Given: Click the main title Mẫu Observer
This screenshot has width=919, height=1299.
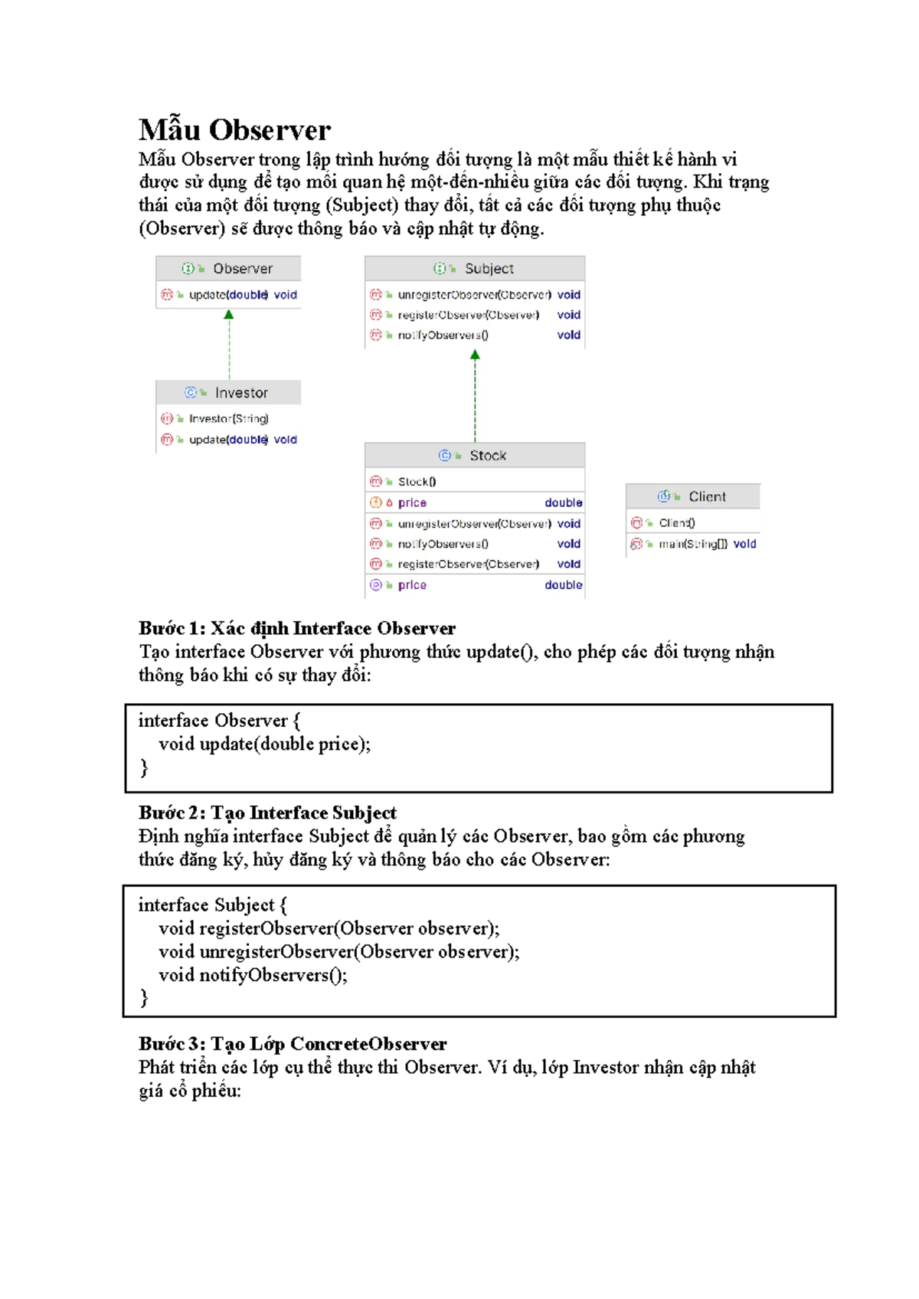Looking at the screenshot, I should coord(234,130).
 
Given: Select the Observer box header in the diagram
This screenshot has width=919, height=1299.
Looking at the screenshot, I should coord(229,269).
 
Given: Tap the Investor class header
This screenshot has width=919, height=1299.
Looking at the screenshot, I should coord(228,393).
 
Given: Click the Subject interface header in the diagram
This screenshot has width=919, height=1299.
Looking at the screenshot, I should coord(475,269).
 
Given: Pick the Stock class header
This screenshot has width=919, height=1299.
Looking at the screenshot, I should coord(475,456).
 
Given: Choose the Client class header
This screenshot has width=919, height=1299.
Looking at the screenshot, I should coord(693,497).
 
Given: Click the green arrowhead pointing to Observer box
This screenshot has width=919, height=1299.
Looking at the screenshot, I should coord(228,315).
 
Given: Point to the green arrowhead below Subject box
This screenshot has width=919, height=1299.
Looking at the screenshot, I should coord(475,355).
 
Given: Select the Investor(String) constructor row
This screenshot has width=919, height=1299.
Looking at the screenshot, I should coord(227,419).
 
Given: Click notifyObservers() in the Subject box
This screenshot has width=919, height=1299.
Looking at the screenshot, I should coord(443,335).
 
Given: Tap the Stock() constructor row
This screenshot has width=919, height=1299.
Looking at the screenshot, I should coord(417,482).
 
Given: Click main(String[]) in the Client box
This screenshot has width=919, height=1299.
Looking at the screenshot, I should coord(692,545).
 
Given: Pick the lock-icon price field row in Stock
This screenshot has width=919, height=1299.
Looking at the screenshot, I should coord(475,503).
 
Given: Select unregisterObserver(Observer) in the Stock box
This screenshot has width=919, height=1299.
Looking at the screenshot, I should coord(473,524).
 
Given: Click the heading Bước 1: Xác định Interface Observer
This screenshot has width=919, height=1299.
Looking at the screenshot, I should coord(297,629).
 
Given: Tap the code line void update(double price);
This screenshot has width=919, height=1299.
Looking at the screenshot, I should coord(264,744).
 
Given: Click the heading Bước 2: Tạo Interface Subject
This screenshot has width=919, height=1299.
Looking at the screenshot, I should coord(267,813).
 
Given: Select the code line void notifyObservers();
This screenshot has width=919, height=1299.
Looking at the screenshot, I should coord(253,976).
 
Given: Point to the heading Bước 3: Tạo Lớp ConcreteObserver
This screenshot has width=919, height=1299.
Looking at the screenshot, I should coord(293,1045).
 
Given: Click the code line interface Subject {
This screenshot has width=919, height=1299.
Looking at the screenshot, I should coord(213,905).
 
